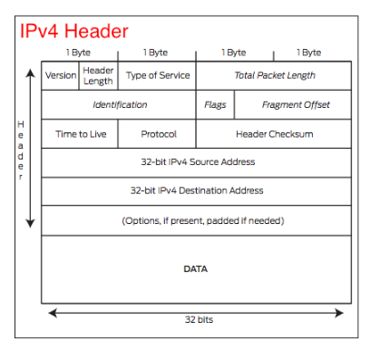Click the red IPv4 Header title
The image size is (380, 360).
coord(73,31)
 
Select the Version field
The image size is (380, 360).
coord(61,76)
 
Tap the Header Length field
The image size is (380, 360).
coord(98,76)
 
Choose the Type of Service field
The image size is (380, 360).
coord(157,76)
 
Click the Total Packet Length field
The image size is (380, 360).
coord(274,76)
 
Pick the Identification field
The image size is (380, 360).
coord(120,105)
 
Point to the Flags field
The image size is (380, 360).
coord(215,105)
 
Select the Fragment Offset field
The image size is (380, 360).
coord(296,105)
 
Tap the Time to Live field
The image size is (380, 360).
coord(81,133)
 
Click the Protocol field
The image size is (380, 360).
coord(158,133)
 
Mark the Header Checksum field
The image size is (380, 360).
coord(274,133)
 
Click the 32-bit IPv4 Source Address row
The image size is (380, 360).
coord(196,162)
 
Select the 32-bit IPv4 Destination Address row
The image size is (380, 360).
coord(196,191)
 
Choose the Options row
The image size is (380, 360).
coord(196,220)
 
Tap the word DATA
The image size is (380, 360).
coord(196,269)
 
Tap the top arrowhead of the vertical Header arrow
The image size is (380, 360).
coord(31,65)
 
